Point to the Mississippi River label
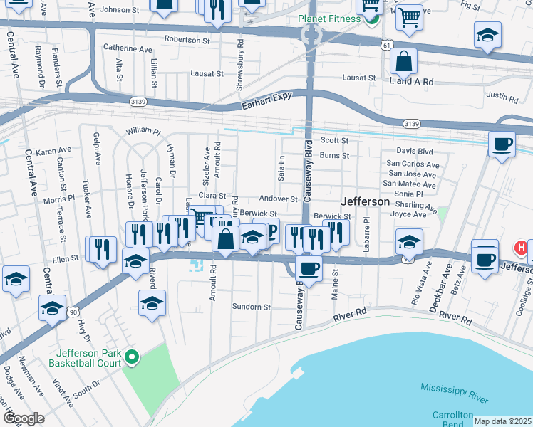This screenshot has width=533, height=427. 456,390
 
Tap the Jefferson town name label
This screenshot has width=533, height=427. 366,201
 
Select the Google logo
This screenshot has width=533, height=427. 23,418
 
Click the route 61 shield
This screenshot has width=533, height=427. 386,44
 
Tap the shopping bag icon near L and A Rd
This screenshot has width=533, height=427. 403,61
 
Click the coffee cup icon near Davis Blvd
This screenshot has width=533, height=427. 502,144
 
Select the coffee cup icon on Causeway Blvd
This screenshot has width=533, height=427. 309,268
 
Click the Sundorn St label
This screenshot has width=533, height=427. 252,307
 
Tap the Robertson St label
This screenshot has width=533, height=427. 187,40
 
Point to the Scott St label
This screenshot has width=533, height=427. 334,141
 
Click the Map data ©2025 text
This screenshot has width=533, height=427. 503,421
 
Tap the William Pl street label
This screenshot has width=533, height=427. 144,132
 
